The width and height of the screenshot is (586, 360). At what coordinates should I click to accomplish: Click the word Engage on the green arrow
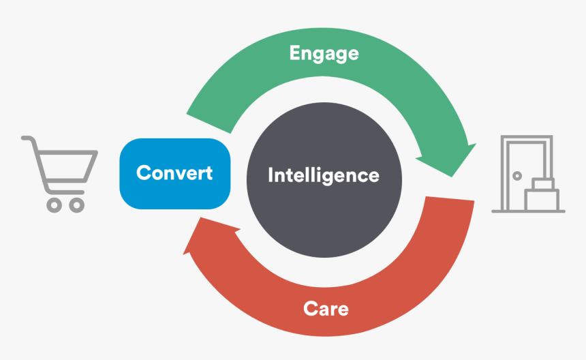click(324, 53)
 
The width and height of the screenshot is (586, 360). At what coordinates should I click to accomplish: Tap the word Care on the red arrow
click(326, 309)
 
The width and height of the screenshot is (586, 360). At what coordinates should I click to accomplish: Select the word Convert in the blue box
click(174, 172)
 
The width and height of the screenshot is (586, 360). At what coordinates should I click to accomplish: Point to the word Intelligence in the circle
click(324, 175)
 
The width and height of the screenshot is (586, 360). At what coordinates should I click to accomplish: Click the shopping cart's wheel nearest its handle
click(53, 204)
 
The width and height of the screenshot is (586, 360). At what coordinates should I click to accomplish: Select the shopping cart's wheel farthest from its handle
click(77, 204)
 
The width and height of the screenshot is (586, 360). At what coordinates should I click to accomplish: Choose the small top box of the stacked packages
click(542, 183)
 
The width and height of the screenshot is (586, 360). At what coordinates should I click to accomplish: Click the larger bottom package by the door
click(542, 200)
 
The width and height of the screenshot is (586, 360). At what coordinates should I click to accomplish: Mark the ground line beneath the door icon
click(528, 211)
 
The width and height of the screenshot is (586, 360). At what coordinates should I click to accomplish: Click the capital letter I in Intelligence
click(271, 175)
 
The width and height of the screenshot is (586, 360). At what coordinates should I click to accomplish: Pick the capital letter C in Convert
click(142, 172)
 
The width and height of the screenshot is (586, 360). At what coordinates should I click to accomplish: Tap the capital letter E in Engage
click(294, 52)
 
